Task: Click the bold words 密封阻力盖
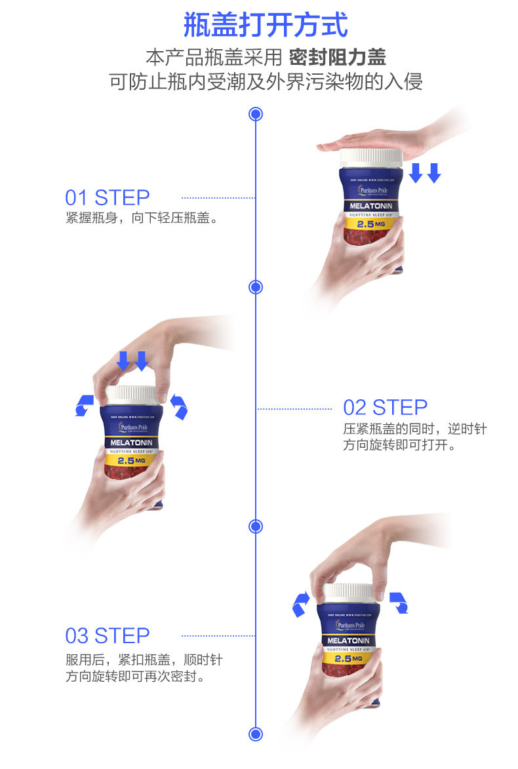coord(337,57)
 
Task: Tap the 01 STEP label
coord(107,197)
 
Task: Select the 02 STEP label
coord(385,407)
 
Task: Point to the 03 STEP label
coord(107,635)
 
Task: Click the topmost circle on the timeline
coord(256,115)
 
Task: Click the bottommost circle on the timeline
coord(256,734)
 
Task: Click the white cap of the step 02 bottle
coord(131,395)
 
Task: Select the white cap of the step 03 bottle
coord(348,592)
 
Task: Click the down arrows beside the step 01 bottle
coord(425,173)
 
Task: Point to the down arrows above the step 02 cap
coord(132,361)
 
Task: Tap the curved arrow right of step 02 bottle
coord(178,406)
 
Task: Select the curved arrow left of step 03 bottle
coord(300,602)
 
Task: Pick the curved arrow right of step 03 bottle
coord(398,602)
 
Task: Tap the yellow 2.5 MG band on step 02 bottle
coord(131,461)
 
